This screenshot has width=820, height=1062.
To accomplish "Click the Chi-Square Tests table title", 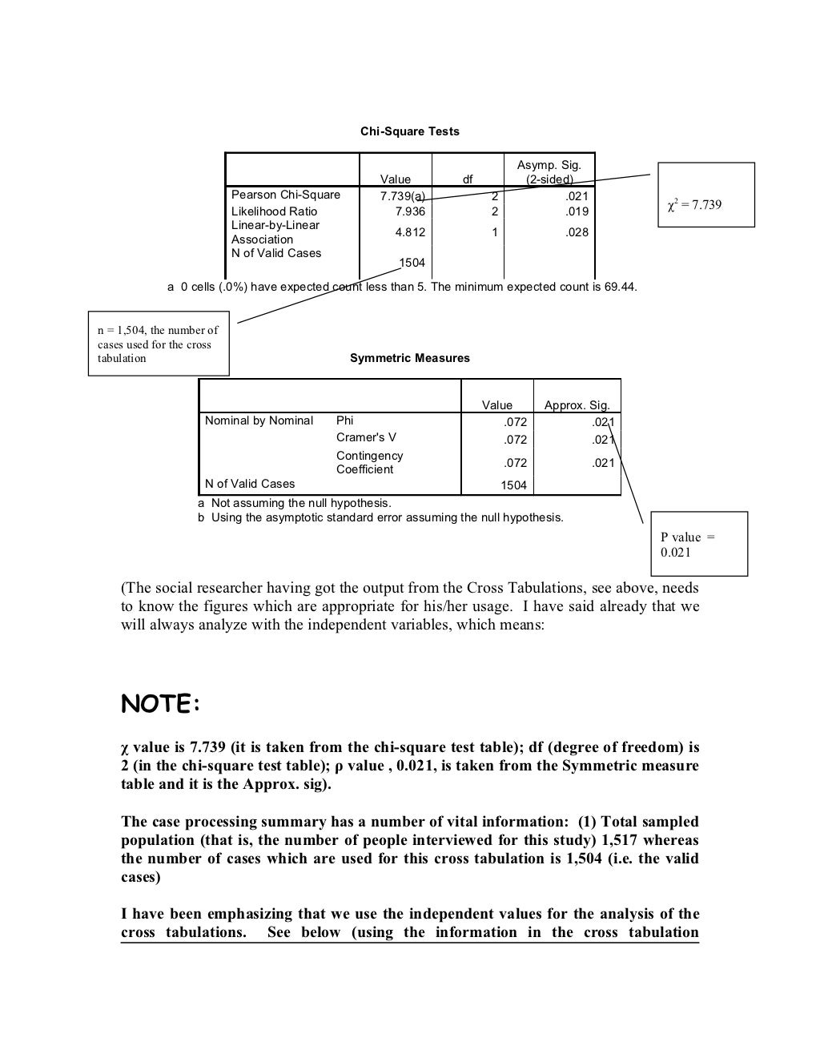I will coord(409,131).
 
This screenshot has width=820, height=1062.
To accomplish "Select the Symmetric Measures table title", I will coord(409,358).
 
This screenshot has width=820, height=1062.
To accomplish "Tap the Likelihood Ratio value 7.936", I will coord(410,211).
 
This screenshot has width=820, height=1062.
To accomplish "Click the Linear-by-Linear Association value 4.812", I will coord(410,232).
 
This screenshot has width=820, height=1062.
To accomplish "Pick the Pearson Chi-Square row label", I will coord(286,195).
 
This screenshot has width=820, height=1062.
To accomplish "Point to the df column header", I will coord(468,179).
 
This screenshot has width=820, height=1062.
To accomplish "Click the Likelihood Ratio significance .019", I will coord(577,211).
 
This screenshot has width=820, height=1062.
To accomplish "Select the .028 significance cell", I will coord(577,232).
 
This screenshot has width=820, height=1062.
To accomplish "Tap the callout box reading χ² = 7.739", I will coord(705,195).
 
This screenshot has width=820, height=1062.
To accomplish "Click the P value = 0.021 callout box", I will coord(698,544).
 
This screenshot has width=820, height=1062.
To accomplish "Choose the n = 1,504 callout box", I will coord(158,344).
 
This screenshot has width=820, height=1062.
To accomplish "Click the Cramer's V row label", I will coord(366,437).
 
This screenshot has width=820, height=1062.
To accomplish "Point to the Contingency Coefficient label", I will coord(369,462).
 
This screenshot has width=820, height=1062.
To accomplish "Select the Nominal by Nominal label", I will coord(259,420).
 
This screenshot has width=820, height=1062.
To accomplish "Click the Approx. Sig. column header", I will coord(577,405).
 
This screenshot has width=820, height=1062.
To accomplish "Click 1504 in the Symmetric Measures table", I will coord(513,485).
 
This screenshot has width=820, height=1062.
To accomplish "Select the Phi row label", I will coord(344,420).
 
